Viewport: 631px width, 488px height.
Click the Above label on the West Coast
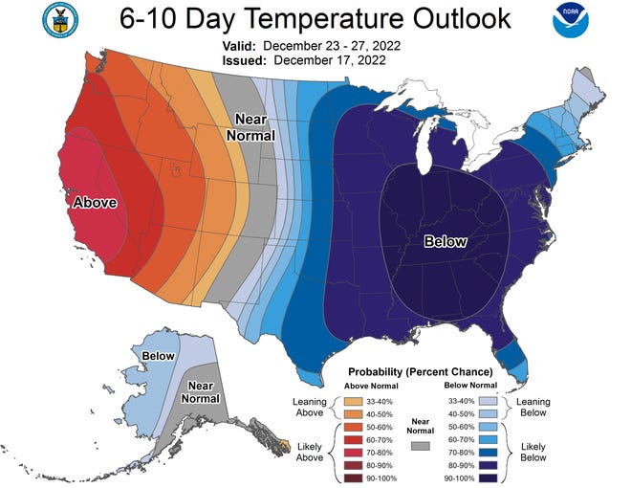click(x=96, y=203)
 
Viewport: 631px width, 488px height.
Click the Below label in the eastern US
click(x=445, y=242)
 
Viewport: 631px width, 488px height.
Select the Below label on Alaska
click(x=158, y=356)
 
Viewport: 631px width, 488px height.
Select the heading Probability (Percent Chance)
click(x=420, y=371)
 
